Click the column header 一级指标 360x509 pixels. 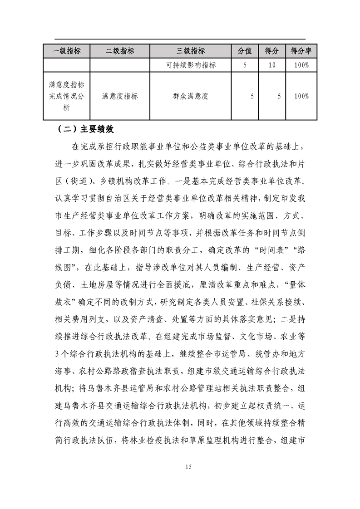click(x=67, y=51)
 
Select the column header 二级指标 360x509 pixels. click(x=120, y=51)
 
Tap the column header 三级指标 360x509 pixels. click(x=191, y=51)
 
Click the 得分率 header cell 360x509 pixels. click(x=301, y=51)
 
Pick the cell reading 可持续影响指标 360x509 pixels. click(x=191, y=65)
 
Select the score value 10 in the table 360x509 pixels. click(x=272, y=65)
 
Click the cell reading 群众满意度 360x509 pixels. click(x=191, y=96)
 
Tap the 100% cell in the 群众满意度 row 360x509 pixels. click(x=301, y=96)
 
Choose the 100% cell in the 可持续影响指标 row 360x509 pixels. click(x=301, y=65)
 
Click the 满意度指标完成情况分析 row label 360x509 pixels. click(x=67, y=96)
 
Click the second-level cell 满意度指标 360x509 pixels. click(x=120, y=96)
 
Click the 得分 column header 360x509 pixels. click(x=272, y=51)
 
